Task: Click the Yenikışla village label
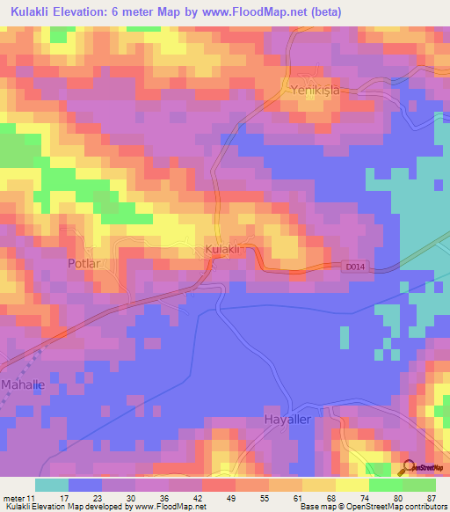[314, 88]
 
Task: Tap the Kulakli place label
[222, 251]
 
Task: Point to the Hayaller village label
[288, 421]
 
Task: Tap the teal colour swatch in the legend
[52, 485]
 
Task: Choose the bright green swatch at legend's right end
[419, 485]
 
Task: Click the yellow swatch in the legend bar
[352, 485]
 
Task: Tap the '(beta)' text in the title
[325, 11]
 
